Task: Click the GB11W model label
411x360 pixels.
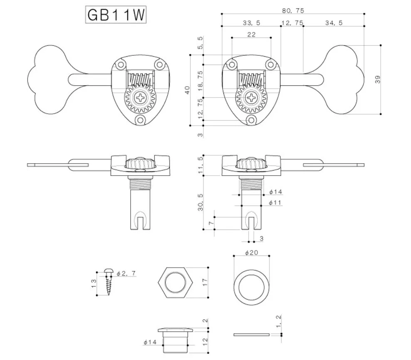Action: pyautogui.click(x=116, y=15)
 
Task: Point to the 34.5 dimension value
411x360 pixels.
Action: pyautogui.click(x=334, y=23)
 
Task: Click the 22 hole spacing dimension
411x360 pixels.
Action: pyautogui.click(x=251, y=35)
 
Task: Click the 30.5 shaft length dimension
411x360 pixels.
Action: pyautogui.click(x=200, y=202)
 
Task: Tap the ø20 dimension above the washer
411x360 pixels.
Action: pyautogui.click(x=252, y=253)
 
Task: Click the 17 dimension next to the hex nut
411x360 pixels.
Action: pyautogui.click(x=204, y=282)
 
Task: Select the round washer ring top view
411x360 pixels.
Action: pyautogui.click(x=252, y=288)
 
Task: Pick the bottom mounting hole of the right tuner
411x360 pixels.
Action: pyautogui.click(x=251, y=120)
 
